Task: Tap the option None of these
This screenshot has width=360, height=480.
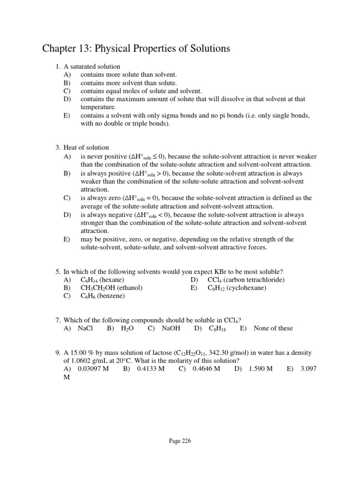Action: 273,328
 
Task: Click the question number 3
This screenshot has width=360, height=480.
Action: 57,148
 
